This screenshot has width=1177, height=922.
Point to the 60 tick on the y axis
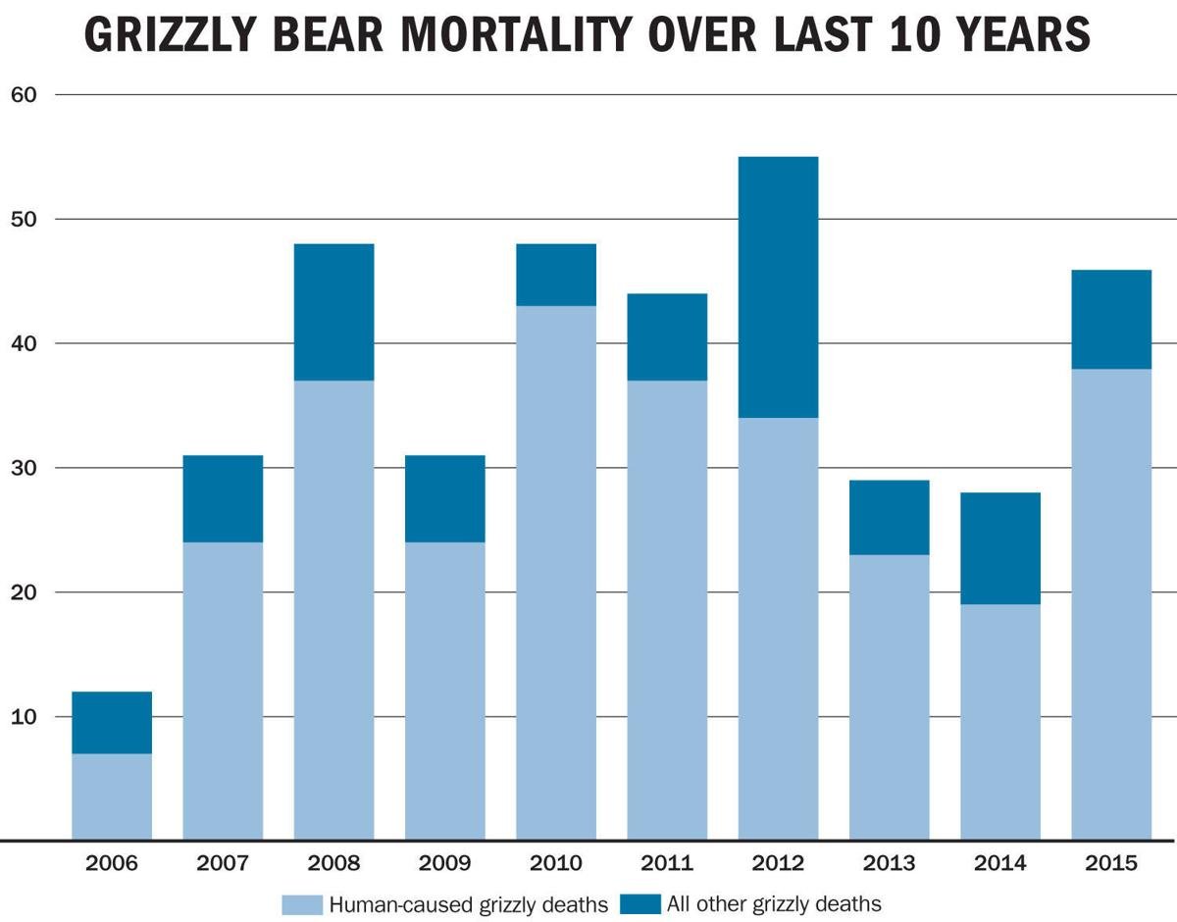23,95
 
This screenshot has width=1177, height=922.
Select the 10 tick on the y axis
23,717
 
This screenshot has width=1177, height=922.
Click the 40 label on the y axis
23,343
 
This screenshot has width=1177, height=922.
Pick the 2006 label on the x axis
112,864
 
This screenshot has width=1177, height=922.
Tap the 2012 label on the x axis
778,864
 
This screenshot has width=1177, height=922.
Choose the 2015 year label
1110,864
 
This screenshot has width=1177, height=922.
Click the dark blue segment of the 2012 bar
778,287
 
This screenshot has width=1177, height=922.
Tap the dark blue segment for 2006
112,723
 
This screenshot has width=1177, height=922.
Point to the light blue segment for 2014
999,722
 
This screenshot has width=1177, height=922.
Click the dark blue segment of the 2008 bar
333,312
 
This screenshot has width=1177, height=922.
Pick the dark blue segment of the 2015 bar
1110,319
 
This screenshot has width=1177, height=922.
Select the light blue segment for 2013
889,697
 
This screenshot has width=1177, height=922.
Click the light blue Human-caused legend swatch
302,902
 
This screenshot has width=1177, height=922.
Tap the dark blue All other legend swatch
640,902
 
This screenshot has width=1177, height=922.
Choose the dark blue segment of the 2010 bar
556,275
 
